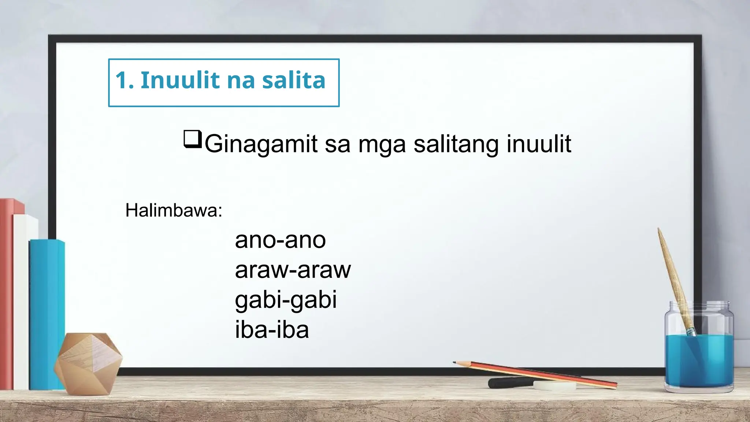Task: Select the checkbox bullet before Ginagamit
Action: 192,139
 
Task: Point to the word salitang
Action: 456,144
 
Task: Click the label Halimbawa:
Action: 174,211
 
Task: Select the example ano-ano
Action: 280,240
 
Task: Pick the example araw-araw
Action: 293,270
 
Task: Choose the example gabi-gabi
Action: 286,300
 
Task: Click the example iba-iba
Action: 272,330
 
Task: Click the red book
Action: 7,293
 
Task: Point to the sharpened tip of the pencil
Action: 455,363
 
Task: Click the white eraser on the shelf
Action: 554,385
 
